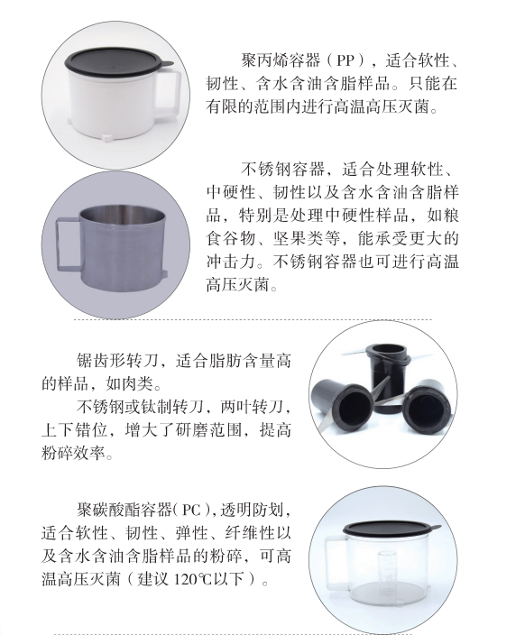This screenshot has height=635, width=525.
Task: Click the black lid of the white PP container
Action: coord(117,61)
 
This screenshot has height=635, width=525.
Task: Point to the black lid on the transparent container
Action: coord(390,528)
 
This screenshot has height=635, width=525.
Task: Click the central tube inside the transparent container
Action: coord(387,572)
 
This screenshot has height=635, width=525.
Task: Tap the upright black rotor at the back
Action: coord(388,377)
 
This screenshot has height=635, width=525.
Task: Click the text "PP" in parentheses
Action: coord(345,60)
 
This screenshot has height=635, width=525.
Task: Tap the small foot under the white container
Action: coord(108,138)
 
